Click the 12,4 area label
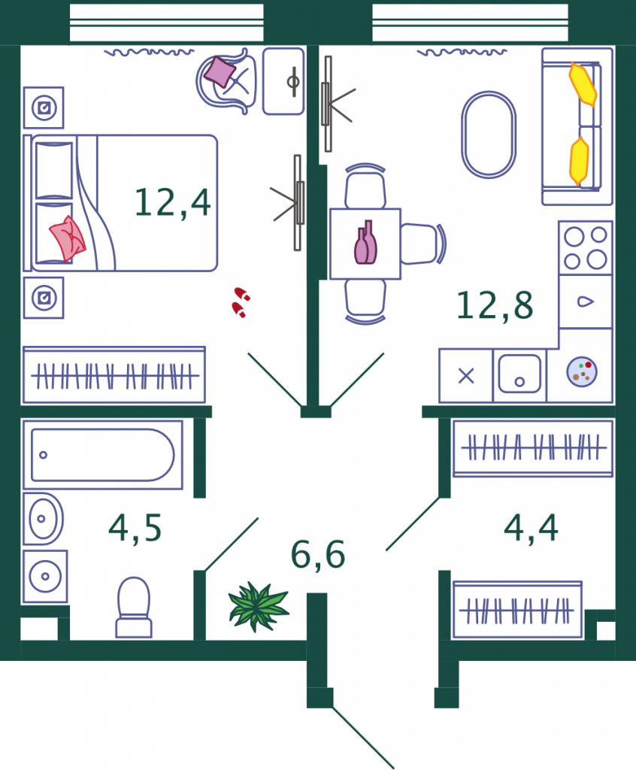173,202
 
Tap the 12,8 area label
495,305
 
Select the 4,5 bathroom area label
135,528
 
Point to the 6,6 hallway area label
318,555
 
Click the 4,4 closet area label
531,528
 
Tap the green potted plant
259,607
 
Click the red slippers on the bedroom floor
241,302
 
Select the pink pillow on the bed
68,238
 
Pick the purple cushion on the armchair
220,71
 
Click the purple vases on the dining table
366,243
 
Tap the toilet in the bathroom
134,608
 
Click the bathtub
103,455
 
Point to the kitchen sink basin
519,374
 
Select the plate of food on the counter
582,371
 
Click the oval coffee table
489,135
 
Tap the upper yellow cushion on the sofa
583,84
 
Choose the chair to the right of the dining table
423,244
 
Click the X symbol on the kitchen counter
466,376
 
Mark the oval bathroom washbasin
43,519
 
